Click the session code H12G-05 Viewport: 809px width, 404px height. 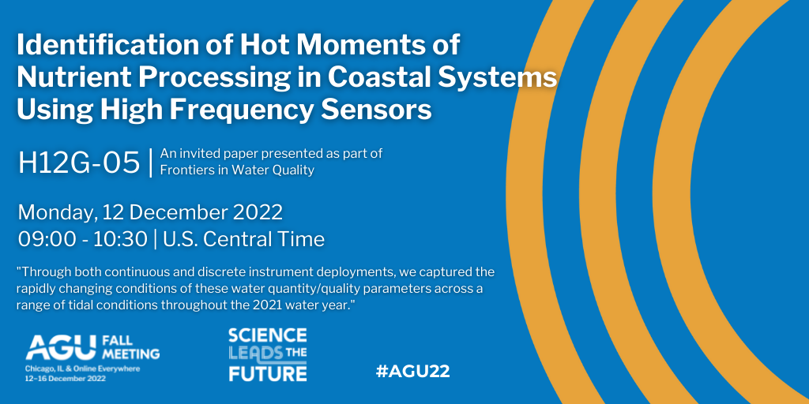tap(79, 163)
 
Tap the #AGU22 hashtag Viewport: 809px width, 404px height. tap(412, 372)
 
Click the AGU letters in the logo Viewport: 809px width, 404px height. tap(61, 347)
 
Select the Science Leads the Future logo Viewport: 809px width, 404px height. tap(268, 354)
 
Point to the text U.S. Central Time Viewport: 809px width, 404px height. tap(243, 240)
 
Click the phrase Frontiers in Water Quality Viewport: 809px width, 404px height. tap(237, 170)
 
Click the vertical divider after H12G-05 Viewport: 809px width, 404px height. tap(150, 163)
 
